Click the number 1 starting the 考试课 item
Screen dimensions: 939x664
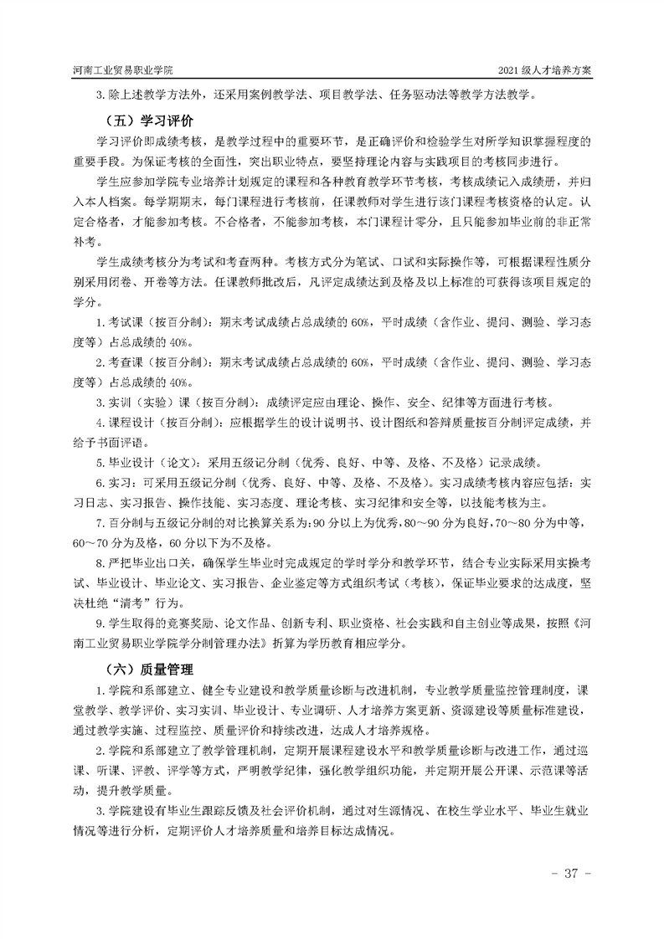[100, 321]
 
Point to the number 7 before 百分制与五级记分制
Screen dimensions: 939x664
[100, 522]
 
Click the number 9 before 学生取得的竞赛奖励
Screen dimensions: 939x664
[100, 623]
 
